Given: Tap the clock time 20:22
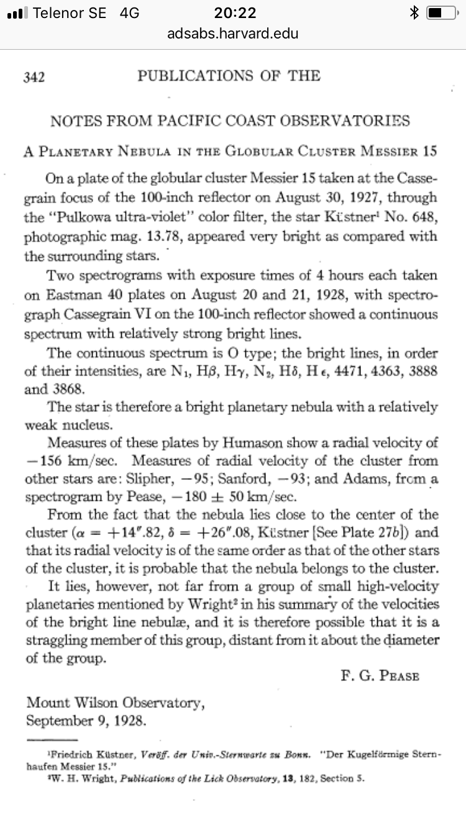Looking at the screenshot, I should (234, 12).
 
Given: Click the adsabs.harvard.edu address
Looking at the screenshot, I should (233, 33).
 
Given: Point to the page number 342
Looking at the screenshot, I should (34, 77).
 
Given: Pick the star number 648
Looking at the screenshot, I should (423, 218).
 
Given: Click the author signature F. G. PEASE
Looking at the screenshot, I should (380, 676).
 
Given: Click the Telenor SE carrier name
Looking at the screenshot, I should (69, 12).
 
